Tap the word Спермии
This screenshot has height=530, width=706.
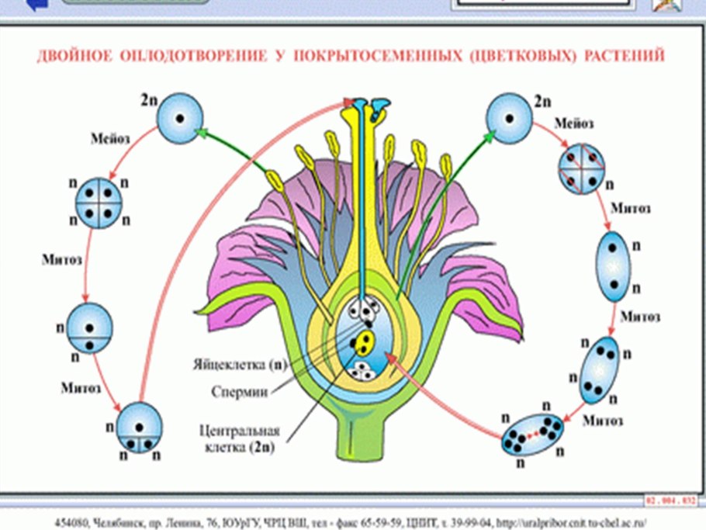[x=240, y=393]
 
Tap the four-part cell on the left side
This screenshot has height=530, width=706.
[x=99, y=204]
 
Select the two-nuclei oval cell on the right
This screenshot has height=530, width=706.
[x=613, y=265]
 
